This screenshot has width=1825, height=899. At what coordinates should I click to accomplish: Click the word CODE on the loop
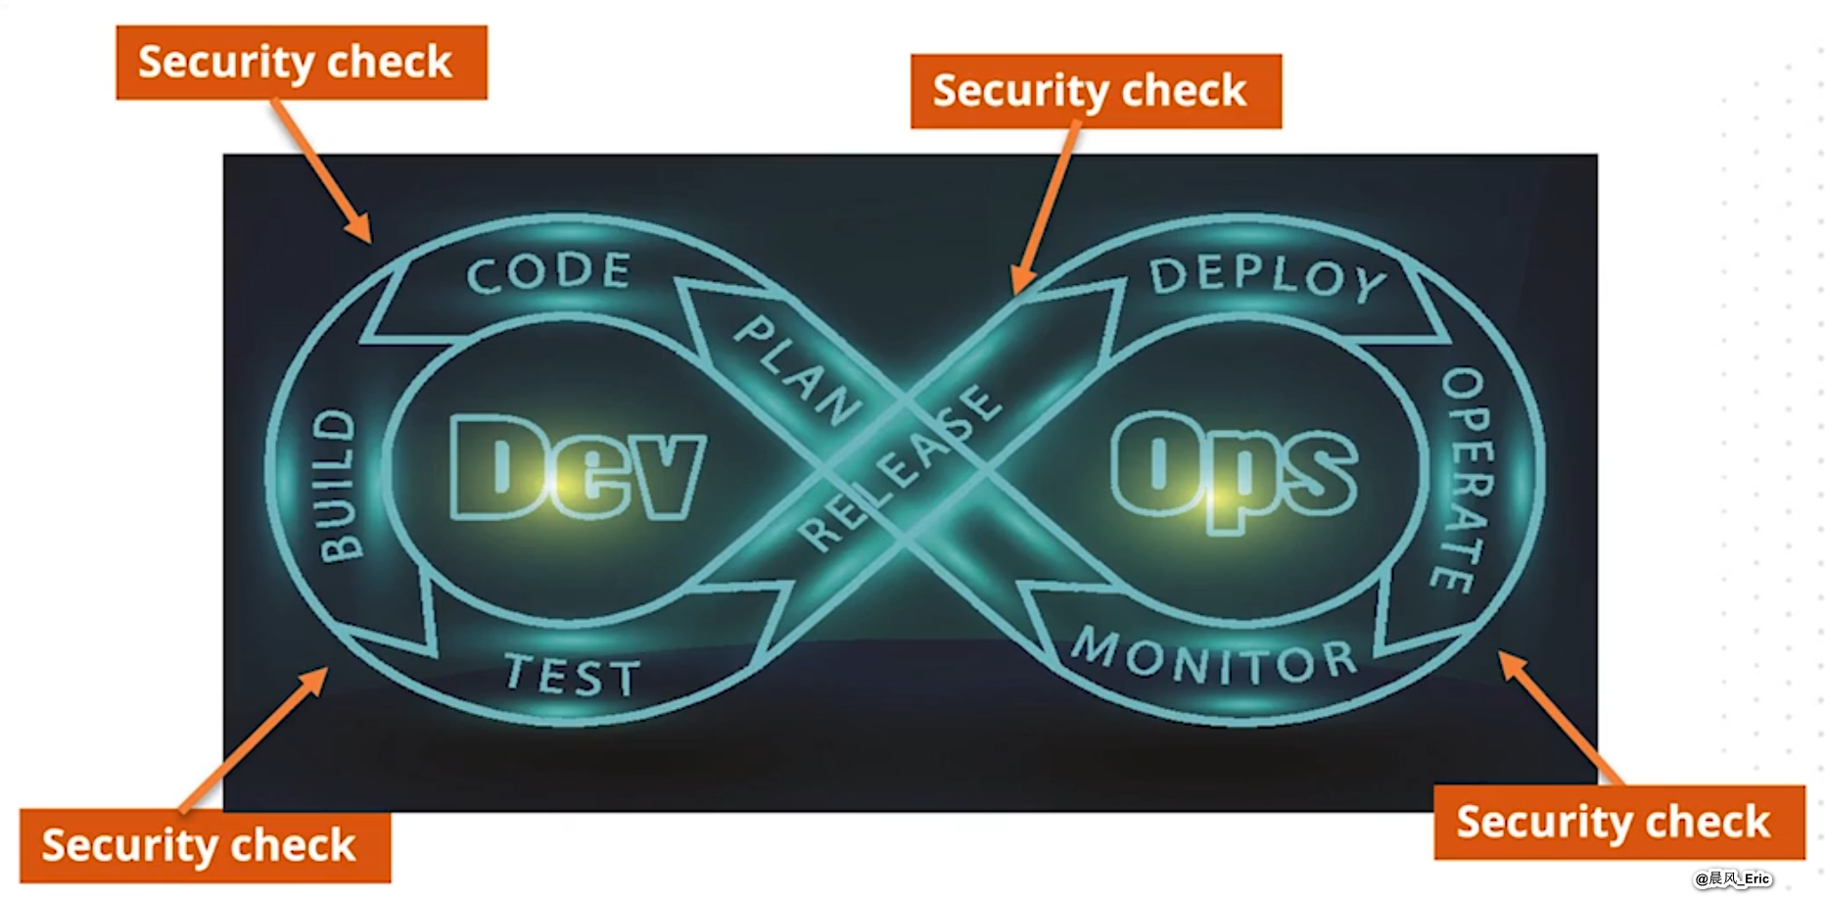tap(548, 272)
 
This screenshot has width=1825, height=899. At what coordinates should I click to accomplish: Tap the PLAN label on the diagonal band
tap(798, 371)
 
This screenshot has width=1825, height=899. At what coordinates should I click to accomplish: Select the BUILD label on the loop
tap(339, 486)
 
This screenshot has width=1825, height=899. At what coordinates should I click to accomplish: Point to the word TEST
tap(573, 675)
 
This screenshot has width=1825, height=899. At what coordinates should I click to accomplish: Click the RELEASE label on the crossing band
tap(899, 468)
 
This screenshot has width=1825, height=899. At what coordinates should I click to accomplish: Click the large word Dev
tap(576, 468)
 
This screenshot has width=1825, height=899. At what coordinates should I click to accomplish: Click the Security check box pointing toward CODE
tap(301, 63)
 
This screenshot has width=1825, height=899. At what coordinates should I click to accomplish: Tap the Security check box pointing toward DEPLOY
tap(1096, 91)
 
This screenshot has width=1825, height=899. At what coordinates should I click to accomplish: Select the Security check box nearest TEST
tap(205, 846)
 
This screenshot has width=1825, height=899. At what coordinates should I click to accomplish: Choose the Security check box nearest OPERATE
tap(1618, 822)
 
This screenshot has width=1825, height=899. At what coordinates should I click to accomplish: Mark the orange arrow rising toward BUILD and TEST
tap(255, 739)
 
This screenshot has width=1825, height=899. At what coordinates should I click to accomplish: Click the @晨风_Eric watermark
tap(1733, 878)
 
